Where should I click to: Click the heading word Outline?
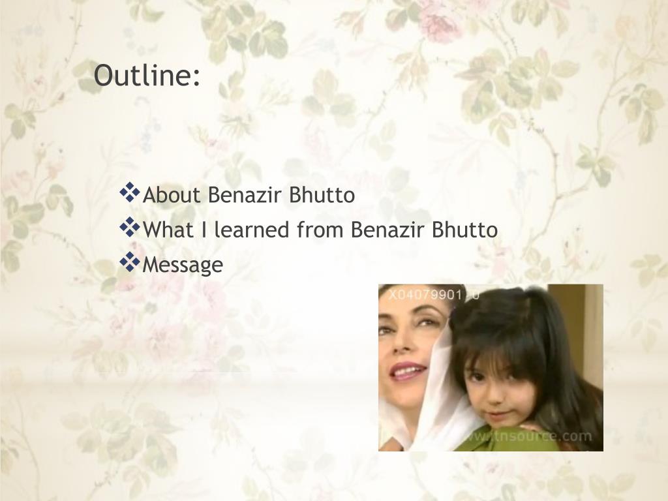click(147, 76)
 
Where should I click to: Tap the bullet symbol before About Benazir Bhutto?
click(130, 192)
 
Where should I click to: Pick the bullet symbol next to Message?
click(130, 262)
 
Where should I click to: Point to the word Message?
click(183, 265)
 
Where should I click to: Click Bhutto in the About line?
click(323, 195)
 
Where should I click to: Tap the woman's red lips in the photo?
click(407, 371)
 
